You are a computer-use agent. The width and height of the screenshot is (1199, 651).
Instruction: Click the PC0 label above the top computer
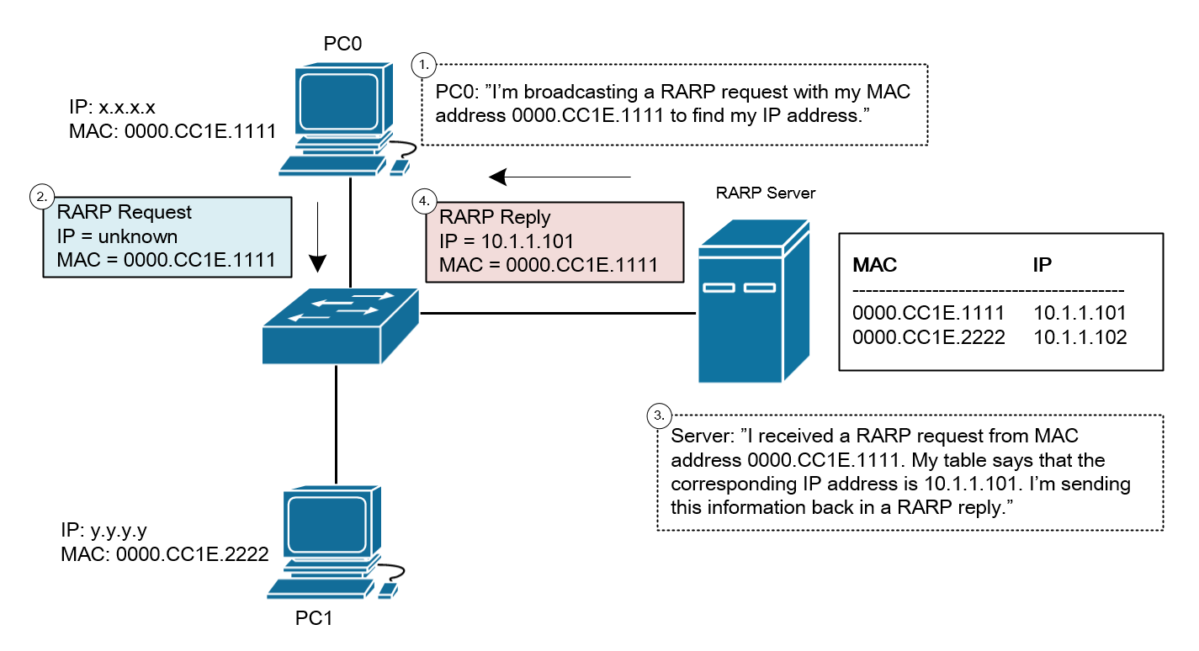tap(342, 44)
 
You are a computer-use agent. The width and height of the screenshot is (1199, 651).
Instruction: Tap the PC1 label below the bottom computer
tap(315, 619)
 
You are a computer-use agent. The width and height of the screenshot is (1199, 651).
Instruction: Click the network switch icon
tap(340, 325)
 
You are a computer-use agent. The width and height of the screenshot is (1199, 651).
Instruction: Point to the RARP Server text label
tap(766, 193)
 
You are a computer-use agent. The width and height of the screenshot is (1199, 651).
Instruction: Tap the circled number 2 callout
tap(40, 198)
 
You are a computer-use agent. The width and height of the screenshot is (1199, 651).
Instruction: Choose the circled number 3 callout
tap(660, 415)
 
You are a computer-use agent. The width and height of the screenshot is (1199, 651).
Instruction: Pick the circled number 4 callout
tap(425, 201)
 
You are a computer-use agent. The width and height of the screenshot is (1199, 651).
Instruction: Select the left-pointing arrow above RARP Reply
tap(560, 177)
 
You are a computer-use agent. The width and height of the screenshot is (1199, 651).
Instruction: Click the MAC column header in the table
tap(875, 265)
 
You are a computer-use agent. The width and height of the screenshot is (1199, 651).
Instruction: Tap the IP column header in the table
tap(1043, 265)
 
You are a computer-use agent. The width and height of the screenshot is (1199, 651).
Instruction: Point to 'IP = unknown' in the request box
tap(117, 236)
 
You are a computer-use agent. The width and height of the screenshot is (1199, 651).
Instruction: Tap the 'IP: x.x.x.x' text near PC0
tap(112, 108)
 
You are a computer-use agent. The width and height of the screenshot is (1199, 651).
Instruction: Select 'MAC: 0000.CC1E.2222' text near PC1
tap(165, 554)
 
